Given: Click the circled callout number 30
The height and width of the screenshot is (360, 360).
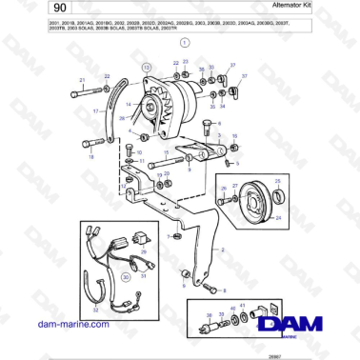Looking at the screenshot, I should (124, 276).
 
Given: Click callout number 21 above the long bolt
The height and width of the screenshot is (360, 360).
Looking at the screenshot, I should (82, 80).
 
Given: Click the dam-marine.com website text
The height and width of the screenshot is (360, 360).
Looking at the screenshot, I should (61, 325).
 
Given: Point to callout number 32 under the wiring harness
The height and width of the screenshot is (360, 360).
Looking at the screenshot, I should (94, 310).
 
